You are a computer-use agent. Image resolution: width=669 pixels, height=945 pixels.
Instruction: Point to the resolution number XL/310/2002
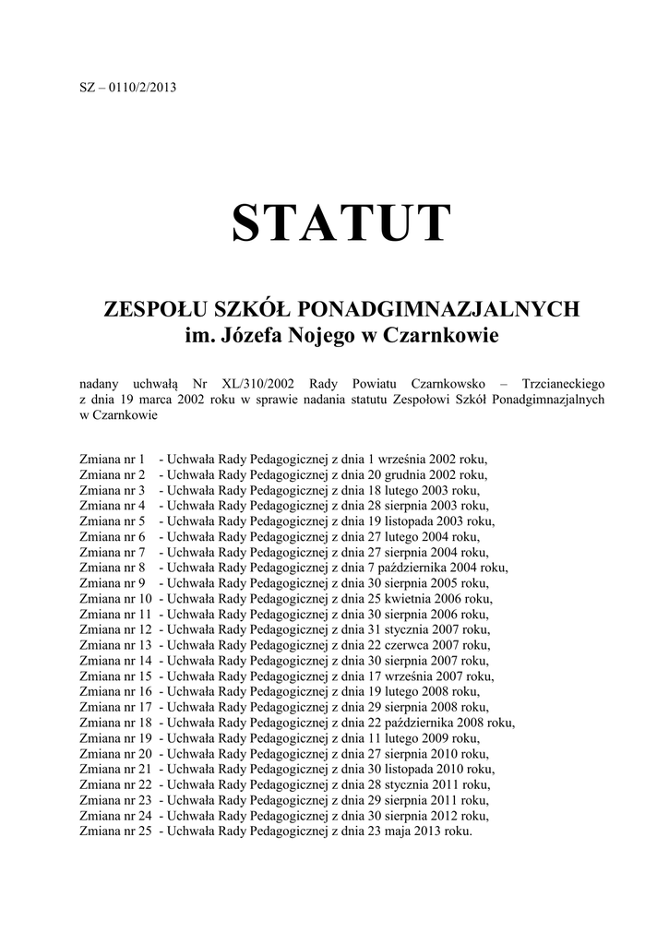pos(257,383)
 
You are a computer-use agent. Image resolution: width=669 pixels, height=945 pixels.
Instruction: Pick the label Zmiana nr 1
pos(113,459)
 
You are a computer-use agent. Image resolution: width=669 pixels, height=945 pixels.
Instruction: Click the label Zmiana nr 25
pos(116,831)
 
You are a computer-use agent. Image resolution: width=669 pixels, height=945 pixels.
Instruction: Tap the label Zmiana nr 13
pos(116,645)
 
